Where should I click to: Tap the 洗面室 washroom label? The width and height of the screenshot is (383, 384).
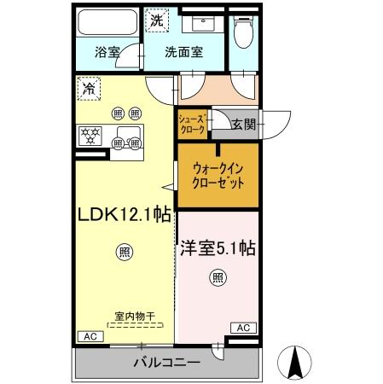183,52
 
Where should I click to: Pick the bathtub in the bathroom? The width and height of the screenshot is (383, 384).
110,21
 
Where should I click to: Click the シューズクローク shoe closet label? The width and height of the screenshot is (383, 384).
192,125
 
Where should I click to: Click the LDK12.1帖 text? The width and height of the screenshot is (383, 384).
123,217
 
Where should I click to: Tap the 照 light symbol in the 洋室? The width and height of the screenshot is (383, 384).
218,276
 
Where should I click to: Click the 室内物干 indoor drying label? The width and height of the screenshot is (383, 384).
135,316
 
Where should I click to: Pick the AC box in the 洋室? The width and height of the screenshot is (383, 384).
243,327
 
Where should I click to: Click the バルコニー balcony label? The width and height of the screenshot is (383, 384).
167,363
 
